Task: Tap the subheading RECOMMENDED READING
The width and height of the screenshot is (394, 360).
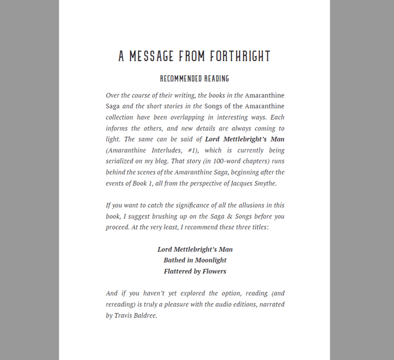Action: tap(195, 79)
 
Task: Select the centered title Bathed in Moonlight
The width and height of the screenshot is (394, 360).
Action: tap(195, 260)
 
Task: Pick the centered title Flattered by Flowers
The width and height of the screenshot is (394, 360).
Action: tap(195, 272)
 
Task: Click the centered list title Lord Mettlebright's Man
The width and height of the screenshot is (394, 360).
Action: tap(195, 249)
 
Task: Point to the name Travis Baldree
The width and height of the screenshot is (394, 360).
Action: tap(136, 315)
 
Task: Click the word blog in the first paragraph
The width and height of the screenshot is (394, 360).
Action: tap(162, 161)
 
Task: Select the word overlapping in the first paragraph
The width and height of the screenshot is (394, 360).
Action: tap(179, 117)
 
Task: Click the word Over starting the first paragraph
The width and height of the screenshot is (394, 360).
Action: tap(112, 95)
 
